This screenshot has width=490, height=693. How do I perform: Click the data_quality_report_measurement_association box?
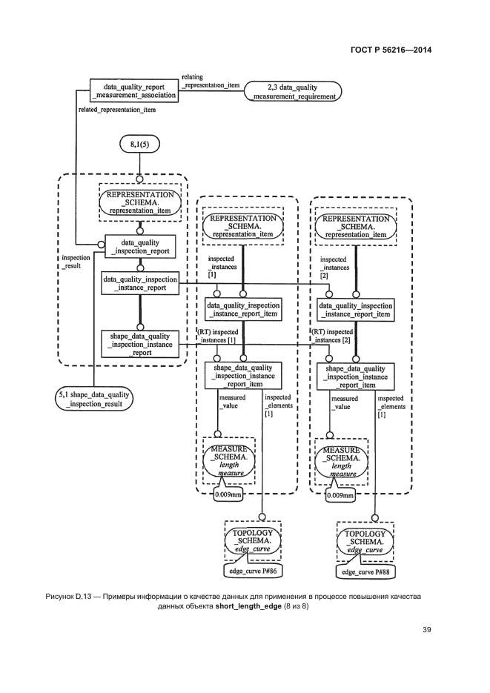point(135,90)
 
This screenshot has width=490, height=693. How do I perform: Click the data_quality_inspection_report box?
point(140,246)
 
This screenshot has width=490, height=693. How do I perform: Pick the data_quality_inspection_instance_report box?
point(140,284)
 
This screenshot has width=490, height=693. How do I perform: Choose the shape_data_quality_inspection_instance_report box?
point(140,343)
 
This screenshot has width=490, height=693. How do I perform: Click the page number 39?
point(426,630)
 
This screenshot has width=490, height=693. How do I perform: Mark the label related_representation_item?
point(116,110)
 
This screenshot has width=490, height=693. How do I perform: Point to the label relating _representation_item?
point(211,81)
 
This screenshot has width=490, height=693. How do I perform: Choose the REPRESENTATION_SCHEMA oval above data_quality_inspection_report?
point(140,201)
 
